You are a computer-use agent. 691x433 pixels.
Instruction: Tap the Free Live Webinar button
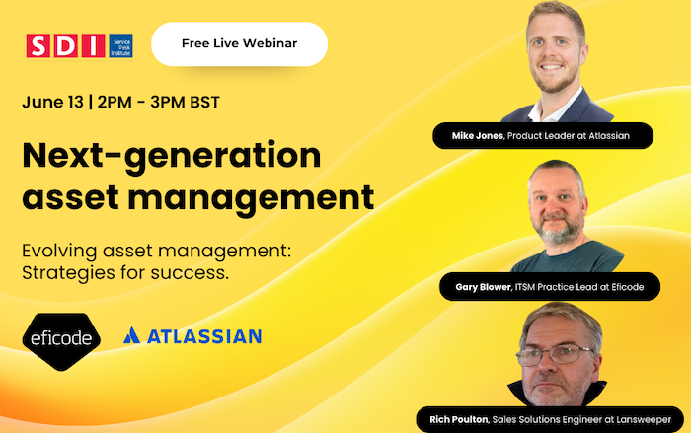[x=239, y=43]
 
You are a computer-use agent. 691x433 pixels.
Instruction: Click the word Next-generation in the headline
[x=171, y=156]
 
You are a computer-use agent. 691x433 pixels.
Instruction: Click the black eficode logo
[x=61, y=336]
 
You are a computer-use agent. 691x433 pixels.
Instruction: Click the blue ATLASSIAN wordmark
[x=204, y=336]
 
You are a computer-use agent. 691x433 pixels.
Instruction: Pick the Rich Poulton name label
[x=455, y=419]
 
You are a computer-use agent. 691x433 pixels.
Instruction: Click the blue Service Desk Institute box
[x=120, y=45]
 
